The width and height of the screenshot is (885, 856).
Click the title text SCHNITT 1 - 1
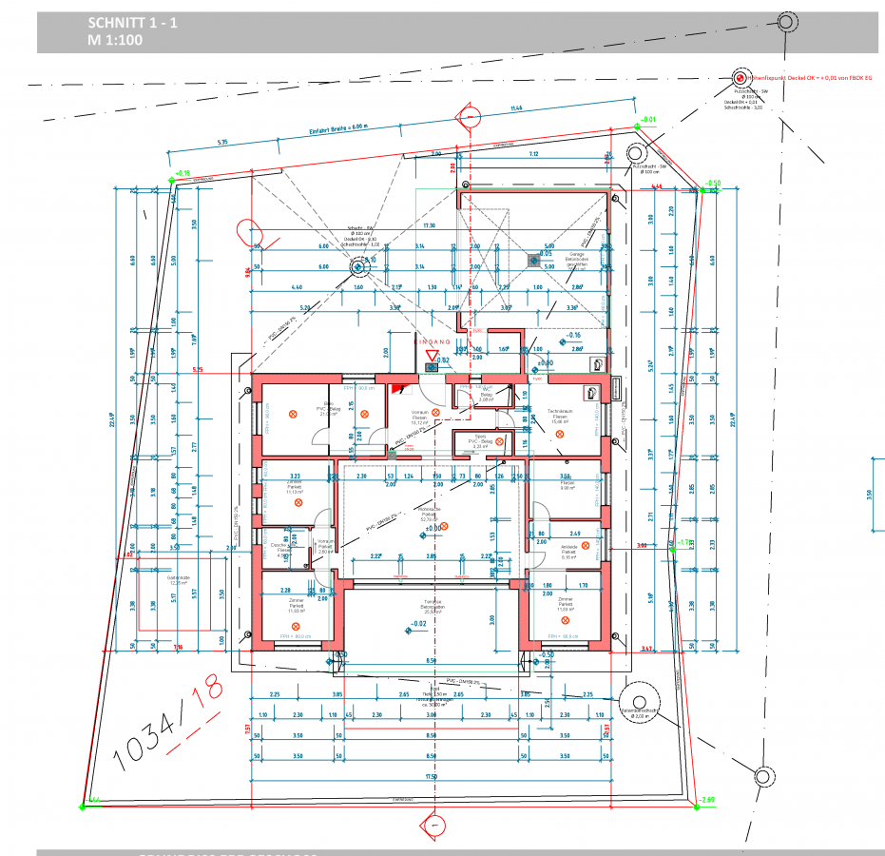point(132,23)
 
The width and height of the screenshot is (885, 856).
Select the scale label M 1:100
point(114,41)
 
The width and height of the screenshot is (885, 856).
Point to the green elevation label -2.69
point(704,800)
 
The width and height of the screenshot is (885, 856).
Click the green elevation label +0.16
point(183,173)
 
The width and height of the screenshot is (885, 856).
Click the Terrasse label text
point(433,602)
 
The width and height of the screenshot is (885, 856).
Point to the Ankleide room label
point(568,547)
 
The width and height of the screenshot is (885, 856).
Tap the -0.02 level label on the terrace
point(418,624)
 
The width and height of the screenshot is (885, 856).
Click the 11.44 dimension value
point(516,108)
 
